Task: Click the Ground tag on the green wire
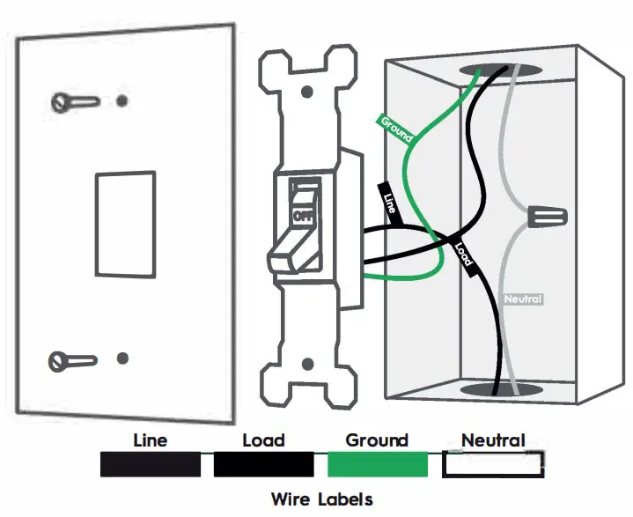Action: pyautogui.click(x=396, y=128)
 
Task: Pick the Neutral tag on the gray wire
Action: pyautogui.click(x=523, y=299)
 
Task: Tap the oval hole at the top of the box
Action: pyautogui.click(x=489, y=70)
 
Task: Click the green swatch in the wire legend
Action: pyautogui.click(x=377, y=464)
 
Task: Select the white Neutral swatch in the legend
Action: pyautogui.click(x=492, y=464)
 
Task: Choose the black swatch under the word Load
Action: pyautogui.click(x=262, y=464)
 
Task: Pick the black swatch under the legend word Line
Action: pyautogui.click(x=151, y=464)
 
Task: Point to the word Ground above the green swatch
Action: pyautogui.click(x=377, y=440)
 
